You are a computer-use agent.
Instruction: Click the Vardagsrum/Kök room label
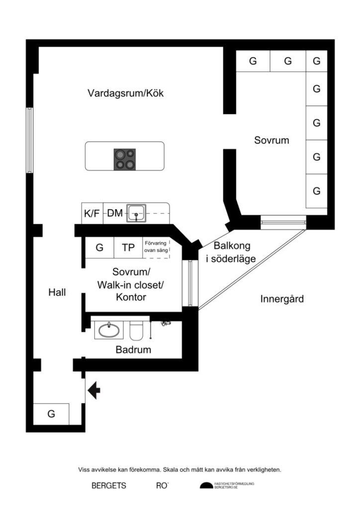click(125, 93)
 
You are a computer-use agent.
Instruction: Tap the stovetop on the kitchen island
click(124, 159)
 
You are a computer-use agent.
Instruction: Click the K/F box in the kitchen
click(92, 213)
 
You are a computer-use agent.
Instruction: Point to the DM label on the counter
click(115, 213)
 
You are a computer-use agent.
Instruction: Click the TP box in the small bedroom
click(128, 248)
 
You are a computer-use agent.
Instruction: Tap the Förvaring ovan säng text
click(156, 247)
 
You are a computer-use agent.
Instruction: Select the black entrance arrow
click(93, 391)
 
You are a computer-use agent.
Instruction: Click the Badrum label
click(133, 350)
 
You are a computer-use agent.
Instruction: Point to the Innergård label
click(281, 299)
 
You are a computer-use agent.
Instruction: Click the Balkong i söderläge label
click(232, 252)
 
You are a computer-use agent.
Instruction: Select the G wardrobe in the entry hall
click(51, 414)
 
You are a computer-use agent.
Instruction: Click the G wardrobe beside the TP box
click(99, 248)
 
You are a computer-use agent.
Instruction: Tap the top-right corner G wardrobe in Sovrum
click(316, 62)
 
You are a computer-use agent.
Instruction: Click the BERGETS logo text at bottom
click(108, 486)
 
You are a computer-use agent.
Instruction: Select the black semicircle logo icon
click(206, 486)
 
